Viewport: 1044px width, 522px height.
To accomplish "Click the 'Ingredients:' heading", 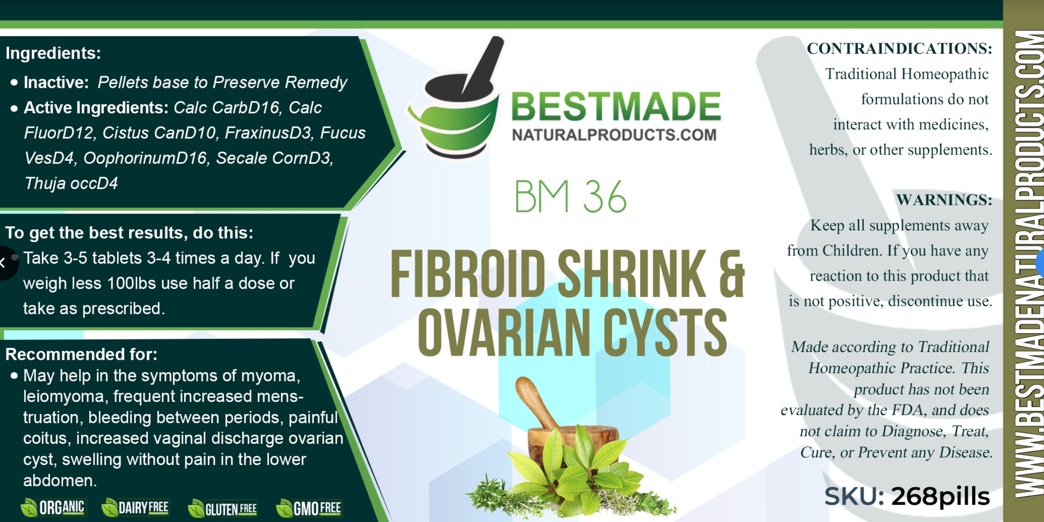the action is tap(53, 53).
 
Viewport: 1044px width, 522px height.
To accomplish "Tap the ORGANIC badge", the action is tap(53, 508).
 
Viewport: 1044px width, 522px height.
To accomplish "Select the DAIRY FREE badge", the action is tap(135, 508).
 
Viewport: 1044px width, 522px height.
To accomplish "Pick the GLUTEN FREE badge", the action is tap(222, 509).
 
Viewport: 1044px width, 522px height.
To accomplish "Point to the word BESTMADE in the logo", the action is tap(616, 106).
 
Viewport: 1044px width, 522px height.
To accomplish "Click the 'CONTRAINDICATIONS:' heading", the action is tap(900, 48).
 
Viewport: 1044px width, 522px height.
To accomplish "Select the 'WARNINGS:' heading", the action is tap(944, 200).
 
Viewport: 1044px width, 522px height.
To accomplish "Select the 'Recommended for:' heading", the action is tap(81, 354).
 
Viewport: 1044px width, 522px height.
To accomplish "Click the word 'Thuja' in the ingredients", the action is tap(46, 183).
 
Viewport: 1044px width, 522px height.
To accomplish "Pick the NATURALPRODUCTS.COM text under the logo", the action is tap(614, 135).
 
